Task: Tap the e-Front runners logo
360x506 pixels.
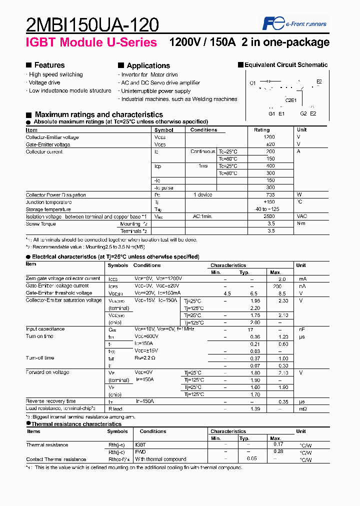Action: tap(294, 23)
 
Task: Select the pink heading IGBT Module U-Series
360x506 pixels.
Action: tap(91, 42)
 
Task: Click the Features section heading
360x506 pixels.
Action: tap(49, 65)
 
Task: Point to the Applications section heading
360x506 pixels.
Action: tap(148, 65)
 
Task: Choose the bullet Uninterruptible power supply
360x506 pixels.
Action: tap(155, 91)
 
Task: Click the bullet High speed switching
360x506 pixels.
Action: tap(55, 74)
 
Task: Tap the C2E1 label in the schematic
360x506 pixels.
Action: tap(291, 100)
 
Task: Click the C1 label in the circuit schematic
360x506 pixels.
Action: tap(252, 82)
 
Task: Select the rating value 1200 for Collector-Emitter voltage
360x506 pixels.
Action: tap(269, 137)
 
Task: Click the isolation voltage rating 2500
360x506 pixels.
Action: tap(269, 216)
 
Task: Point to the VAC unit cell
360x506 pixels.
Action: tap(302, 216)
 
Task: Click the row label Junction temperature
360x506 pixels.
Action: tap(48, 202)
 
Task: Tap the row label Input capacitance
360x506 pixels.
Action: tap(45, 329)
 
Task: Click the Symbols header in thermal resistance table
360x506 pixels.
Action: tap(117, 431)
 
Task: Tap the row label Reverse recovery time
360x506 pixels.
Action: tap(51, 401)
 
